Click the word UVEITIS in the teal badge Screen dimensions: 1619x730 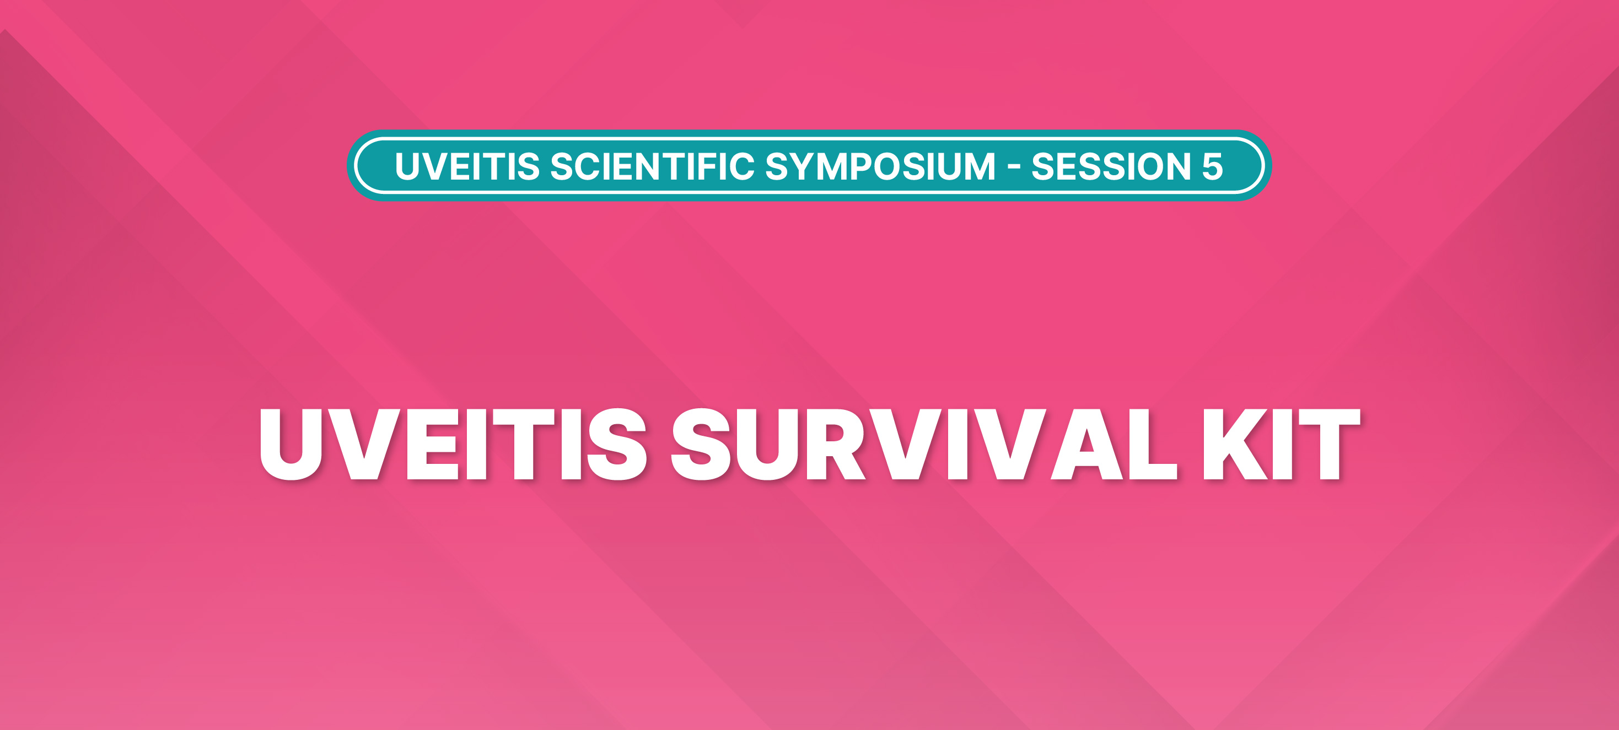(x=467, y=166)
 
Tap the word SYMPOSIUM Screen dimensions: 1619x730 (x=880, y=166)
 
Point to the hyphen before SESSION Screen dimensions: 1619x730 (x=1014, y=167)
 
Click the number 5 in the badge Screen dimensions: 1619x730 (x=1212, y=166)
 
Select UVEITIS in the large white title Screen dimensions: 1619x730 (x=453, y=444)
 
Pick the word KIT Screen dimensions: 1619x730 (x=1282, y=444)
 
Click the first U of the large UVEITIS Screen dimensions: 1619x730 (x=291, y=445)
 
